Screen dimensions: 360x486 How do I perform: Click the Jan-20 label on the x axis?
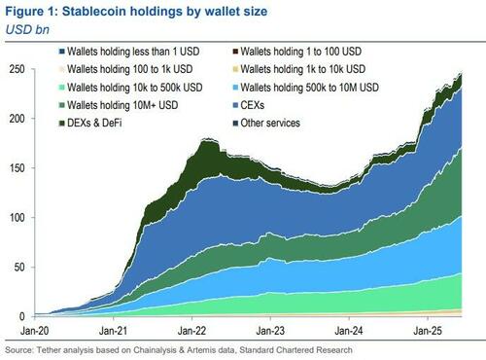coord(37,331)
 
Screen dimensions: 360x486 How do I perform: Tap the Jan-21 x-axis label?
coord(115,331)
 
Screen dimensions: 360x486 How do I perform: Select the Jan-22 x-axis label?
coord(193,331)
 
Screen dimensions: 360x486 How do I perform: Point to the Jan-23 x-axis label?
coord(271,331)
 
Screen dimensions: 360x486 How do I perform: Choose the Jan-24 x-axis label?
coord(349,331)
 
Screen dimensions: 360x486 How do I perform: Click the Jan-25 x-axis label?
coord(428,331)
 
